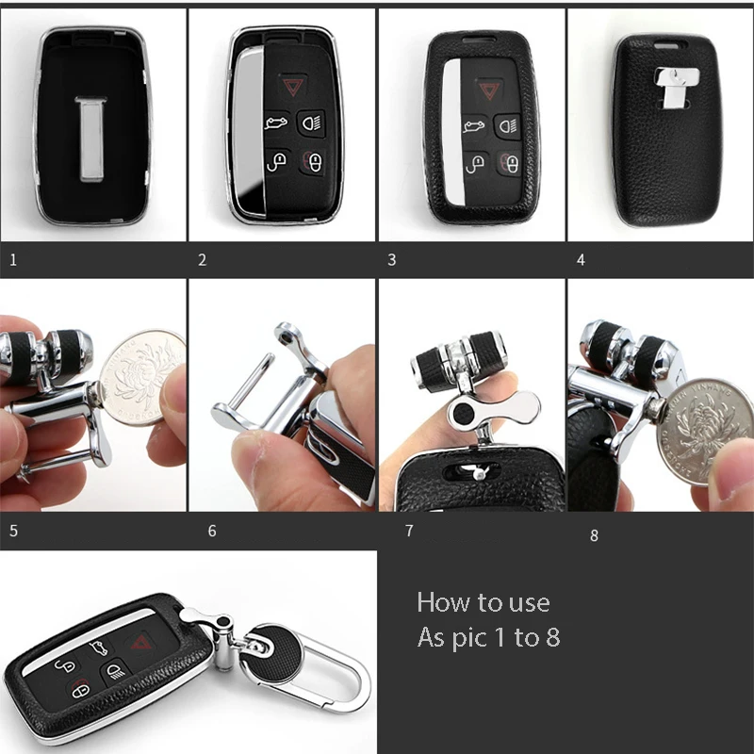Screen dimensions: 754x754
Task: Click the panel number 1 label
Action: (x=13, y=260)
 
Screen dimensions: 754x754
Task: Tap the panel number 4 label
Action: (x=581, y=260)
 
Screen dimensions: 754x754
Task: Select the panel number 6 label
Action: (x=212, y=531)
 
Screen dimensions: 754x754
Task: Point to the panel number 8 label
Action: (x=595, y=535)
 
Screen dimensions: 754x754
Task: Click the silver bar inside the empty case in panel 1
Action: (x=91, y=139)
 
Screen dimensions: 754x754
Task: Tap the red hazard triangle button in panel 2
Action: (x=292, y=87)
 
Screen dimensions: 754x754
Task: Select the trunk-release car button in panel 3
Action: (x=475, y=126)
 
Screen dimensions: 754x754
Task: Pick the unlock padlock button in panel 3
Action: (x=475, y=163)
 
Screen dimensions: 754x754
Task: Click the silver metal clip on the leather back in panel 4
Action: (x=676, y=86)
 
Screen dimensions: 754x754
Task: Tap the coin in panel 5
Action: (x=143, y=378)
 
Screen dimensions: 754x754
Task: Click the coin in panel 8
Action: (x=703, y=432)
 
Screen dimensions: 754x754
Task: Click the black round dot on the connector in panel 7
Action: (x=463, y=413)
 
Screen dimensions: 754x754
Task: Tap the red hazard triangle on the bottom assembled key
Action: (x=139, y=642)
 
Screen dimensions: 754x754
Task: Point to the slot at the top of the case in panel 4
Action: (x=669, y=45)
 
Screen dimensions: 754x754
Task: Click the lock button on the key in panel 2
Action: (x=314, y=162)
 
